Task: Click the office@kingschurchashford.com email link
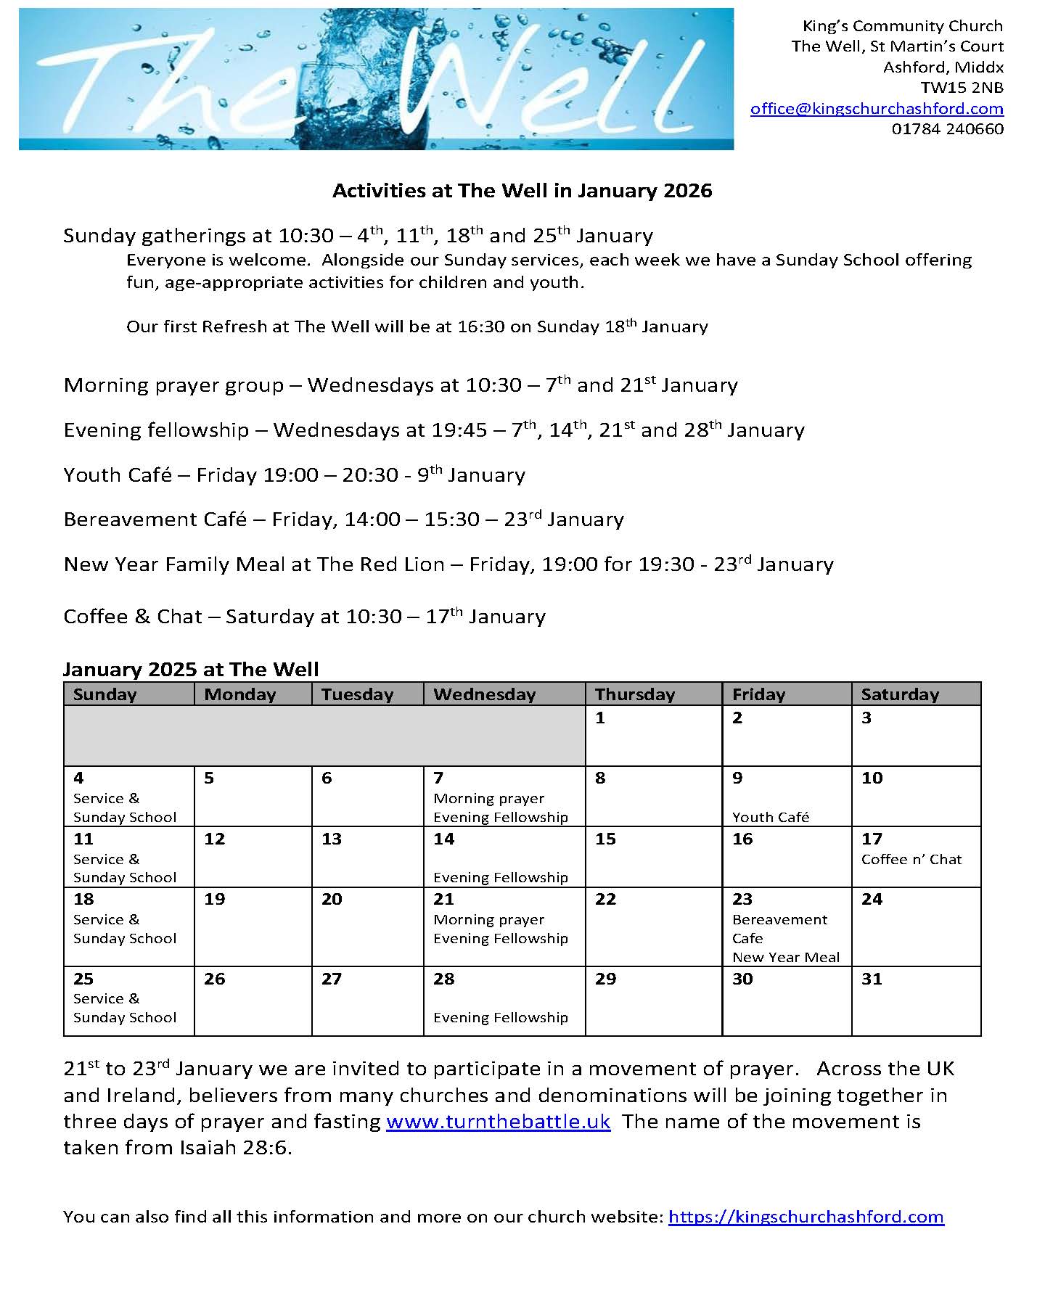point(877,109)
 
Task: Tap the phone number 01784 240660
point(947,129)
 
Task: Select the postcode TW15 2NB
point(962,88)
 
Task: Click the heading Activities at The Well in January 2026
point(522,191)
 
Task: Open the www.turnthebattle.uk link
point(498,1122)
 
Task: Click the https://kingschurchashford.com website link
point(806,1217)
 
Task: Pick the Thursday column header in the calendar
point(635,694)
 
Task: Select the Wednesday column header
point(484,694)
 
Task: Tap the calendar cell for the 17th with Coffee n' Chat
point(916,856)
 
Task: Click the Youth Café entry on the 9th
point(770,817)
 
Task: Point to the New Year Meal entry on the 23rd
point(785,957)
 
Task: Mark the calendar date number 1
point(600,718)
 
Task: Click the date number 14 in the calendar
point(443,839)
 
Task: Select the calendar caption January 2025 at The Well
point(191,669)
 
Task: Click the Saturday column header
point(900,694)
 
